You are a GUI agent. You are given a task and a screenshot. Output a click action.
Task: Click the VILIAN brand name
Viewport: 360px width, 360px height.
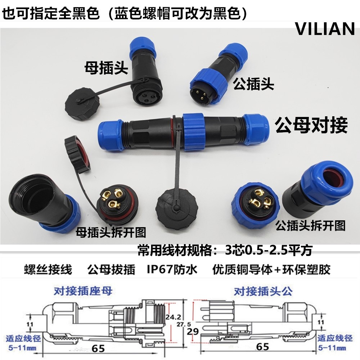[x=325, y=29]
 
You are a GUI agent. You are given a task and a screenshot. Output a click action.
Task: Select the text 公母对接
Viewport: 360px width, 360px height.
[x=311, y=126]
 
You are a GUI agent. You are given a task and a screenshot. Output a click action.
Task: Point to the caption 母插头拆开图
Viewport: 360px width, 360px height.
[x=111, y=233]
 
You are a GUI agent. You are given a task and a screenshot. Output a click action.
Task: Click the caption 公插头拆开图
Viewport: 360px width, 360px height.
[x=310, y=225]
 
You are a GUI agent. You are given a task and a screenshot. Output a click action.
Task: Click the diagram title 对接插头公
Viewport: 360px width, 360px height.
[x=262, y=291]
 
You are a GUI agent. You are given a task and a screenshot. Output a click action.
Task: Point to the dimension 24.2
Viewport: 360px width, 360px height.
[x=174, y=317]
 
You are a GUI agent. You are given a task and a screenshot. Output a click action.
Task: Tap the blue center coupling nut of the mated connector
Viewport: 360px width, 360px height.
[x=193, y=131]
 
